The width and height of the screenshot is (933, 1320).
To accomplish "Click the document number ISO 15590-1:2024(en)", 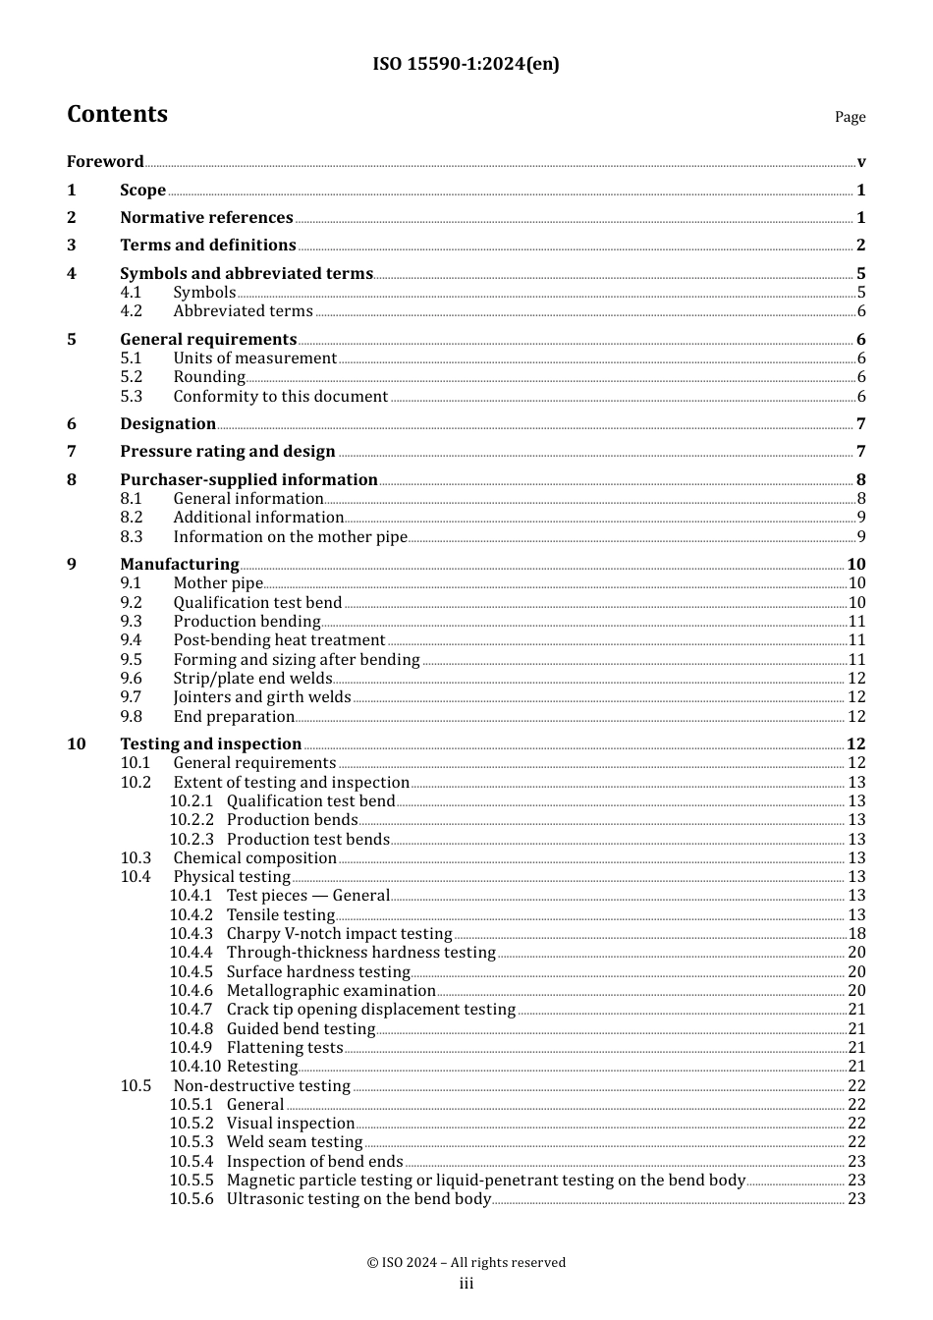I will [x=466, y=64].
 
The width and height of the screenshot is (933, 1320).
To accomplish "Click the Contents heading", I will [x=117, y=114].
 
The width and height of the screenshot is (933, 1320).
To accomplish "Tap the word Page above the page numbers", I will [x=850, y=117].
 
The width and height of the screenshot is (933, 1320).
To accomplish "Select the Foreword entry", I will [x=105, y=162].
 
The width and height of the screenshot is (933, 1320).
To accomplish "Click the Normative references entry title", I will [x=206, y=218].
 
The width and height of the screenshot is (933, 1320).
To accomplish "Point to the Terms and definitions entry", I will [x=207, y=246].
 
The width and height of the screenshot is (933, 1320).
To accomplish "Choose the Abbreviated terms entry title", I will [x=243, y=311].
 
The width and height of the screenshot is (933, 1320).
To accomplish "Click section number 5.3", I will [x=132, y=397].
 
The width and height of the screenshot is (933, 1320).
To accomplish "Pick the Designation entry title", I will [x=168, y=424].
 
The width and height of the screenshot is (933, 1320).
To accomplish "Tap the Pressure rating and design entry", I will [x=228, y=452].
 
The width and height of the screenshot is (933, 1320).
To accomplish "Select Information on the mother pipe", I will [x=290, y=537].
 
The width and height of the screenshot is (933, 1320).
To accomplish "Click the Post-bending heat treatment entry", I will [x=279, y=640].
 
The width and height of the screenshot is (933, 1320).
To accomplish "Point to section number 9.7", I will [x=132, y=697].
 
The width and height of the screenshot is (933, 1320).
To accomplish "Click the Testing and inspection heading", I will [x=210, y=744].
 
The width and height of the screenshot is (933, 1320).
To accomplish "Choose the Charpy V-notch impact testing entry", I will [x=339, y=934].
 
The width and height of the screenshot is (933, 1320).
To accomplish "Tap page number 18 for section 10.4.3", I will [x=856, y=934].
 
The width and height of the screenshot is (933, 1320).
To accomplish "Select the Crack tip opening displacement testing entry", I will [x=370, y=1010].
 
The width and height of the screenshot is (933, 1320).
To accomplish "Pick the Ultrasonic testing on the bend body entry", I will [x=358, y=1199].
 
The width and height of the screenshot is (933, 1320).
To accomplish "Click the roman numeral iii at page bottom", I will [x=466, y=1284].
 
